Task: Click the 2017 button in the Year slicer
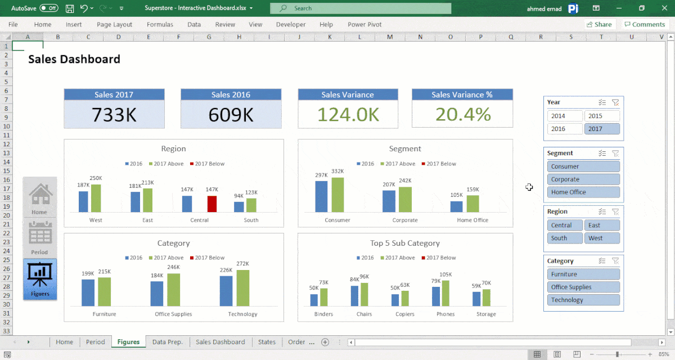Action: [602, 129]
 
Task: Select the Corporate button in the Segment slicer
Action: [583, 179]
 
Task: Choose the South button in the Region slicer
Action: [565, 238]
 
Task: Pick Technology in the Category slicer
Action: [583, 300]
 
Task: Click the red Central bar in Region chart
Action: [212, 204]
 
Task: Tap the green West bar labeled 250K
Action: [96, 198]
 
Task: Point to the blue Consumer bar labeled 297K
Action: [321, 196]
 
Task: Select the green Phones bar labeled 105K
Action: [447, 292]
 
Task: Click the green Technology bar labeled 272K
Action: [242, 287]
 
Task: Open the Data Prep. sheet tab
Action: [168, 342]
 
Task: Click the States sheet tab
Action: [267, 342]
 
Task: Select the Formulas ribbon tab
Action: [160, 25]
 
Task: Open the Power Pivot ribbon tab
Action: [364, 25]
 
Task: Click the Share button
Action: [599, 25]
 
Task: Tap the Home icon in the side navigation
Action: [40, 197]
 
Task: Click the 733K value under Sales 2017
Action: [114, 115]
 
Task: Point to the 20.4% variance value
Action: [462, 115]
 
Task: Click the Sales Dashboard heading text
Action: [74, 59]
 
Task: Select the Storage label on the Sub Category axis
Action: [486, 314]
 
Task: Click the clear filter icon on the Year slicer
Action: [615, 102]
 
